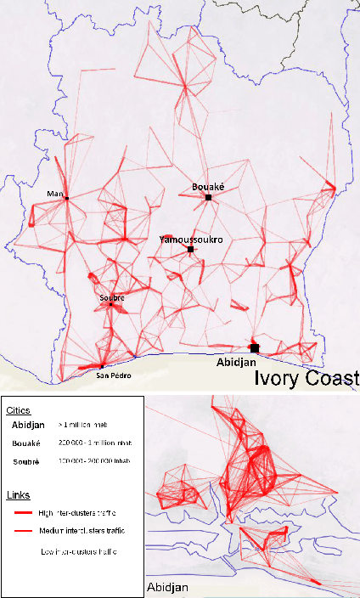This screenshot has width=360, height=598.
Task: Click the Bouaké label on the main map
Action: (207, 186)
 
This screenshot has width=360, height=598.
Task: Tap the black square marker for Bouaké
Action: (208, 197)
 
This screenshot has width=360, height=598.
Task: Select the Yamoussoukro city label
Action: (191, 240)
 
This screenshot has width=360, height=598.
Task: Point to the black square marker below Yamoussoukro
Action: (191, 250)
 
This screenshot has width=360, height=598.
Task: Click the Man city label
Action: (56, 194)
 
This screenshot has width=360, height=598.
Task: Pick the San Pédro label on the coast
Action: (113, 375)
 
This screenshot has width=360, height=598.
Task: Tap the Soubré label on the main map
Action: (111, 297)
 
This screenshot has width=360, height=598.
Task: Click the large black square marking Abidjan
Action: (254, 347)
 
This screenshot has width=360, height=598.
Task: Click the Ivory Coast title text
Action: (307, 377)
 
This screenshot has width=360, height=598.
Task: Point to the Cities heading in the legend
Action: (18, 410)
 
